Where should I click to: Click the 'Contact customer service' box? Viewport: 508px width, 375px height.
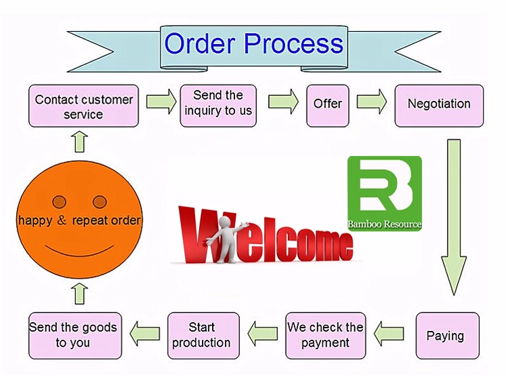(84, 106)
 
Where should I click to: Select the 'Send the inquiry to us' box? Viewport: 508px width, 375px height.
(218, 104)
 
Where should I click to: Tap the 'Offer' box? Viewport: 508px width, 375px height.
(328, 104)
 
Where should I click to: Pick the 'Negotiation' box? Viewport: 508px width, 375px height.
(439, 104)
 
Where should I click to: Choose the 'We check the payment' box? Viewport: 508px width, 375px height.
(325, 336)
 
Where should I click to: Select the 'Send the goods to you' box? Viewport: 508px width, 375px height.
(73, 336)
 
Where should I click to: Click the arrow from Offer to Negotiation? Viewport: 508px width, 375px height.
(371, 102)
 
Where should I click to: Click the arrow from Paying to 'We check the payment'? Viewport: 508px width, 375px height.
(389, 333)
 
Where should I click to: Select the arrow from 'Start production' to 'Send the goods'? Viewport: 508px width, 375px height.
(145, 333)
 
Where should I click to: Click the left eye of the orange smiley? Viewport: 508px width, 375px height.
(60, 201)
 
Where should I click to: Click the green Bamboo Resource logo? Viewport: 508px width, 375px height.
(384, 193)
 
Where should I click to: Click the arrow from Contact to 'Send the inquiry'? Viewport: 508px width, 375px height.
(161, 102)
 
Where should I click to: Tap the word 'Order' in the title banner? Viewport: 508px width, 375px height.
(200, 45)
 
